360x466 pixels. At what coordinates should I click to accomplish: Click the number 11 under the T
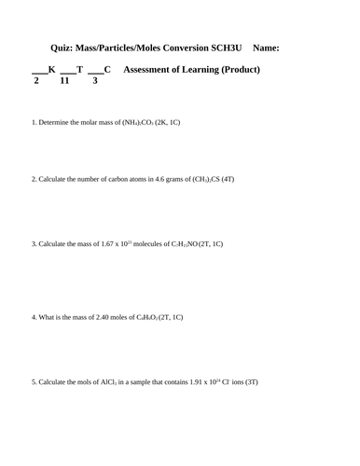(x=64, y=82)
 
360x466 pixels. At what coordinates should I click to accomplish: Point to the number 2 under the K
(x=35, y=82)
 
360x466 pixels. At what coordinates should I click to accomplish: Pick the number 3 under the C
(x=94, y=82)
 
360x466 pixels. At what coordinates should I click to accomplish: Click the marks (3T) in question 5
(x=252, y=383)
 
